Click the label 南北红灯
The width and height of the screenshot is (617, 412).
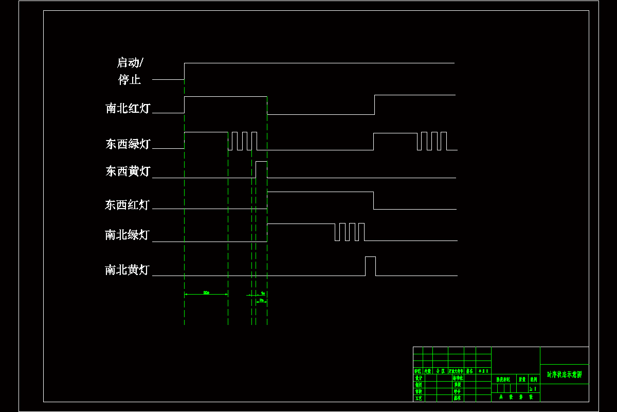[128, 109]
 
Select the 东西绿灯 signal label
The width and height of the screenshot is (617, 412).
[128, 144]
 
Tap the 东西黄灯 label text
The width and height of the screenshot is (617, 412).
[128, 171]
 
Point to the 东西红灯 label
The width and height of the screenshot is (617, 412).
[127, 205]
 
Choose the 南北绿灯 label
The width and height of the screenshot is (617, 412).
[127, 235]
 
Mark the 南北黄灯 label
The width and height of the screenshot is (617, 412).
[127, 270]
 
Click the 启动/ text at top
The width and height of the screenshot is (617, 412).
[131, 63]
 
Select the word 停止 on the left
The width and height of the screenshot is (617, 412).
[130, 80]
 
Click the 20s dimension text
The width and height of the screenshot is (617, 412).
[206, 293]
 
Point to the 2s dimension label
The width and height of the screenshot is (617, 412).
[261, 300]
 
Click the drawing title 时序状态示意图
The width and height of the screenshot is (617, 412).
[564, 374]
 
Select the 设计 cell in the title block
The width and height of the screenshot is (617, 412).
[418, 378]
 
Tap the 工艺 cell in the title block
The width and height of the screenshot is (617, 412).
[418, 398]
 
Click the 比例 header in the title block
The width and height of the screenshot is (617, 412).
[534, 379]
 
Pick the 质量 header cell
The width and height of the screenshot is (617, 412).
[521, 379]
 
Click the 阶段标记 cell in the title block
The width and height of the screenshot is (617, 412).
[503, 379]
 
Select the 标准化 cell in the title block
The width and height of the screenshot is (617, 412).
[458, 378]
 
